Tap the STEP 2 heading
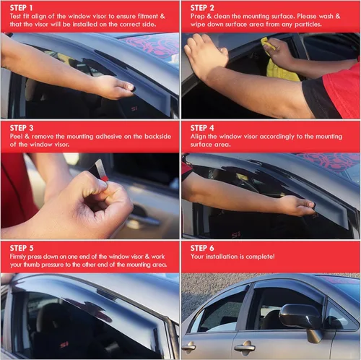click(204, 8)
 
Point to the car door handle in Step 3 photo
click(144, 218)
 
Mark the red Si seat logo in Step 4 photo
click(236, 234)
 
